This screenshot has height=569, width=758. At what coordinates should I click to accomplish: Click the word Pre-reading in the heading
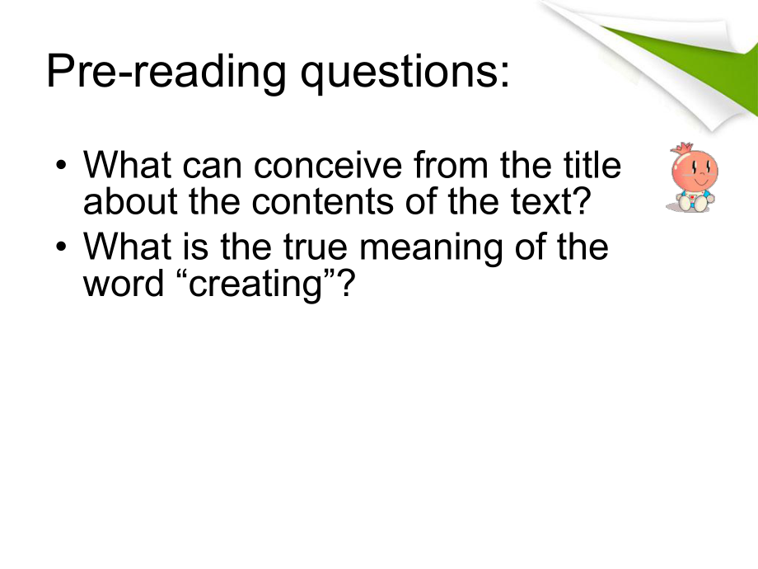(x=166, y=72)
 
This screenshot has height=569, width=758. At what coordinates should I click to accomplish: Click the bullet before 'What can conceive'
(x=61, y=164)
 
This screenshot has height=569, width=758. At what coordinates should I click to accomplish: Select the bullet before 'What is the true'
(x=61, y=247)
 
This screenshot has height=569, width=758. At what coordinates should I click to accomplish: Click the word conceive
(x=328, y=165)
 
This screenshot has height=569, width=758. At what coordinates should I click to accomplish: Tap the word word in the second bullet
(x=124, y=283)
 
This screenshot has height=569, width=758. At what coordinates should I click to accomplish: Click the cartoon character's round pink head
(x=695, y=171)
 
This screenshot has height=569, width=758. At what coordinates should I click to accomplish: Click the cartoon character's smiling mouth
(x=700, y=181)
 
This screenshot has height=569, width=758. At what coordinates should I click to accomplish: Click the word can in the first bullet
(x=213, y=167)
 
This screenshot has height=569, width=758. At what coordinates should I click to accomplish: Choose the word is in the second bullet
(x=196, y=247)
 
